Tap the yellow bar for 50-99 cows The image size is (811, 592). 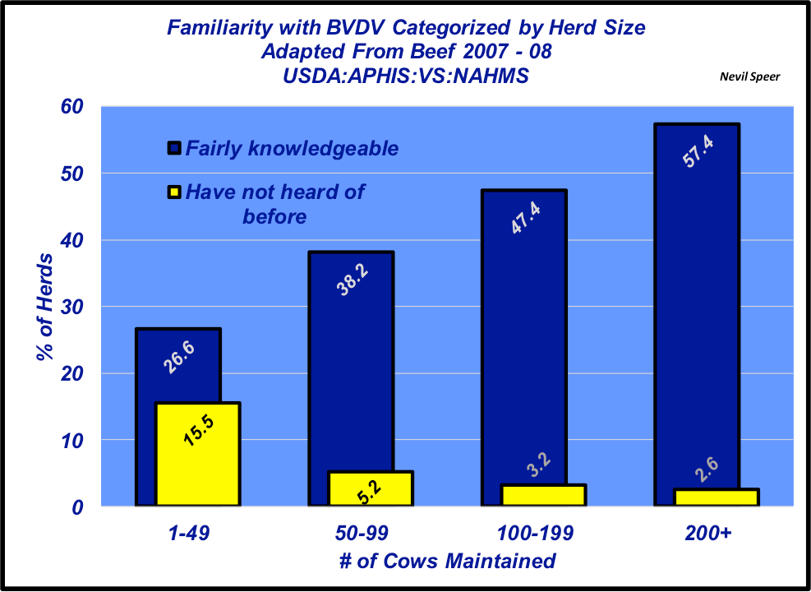click(x=370, y=488)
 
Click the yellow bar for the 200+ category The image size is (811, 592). click(x=717, y=497)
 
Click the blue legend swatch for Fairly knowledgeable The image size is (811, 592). click(x=173, y=149)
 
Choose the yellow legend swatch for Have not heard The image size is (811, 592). click(x=173, y=193)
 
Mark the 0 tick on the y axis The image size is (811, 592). click(x=78, y=507)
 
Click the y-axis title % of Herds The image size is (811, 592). click(x=46, y=308)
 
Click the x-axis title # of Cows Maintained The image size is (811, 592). click(x=447, y=562)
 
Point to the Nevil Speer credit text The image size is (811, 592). click(x=749, y=76)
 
